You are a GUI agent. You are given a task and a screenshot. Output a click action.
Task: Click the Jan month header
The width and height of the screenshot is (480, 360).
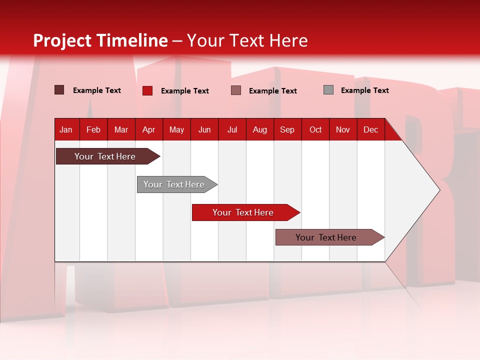66,129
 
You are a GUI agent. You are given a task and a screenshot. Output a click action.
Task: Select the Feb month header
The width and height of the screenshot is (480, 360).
93,129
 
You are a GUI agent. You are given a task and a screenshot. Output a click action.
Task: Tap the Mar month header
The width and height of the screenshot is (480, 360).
121,129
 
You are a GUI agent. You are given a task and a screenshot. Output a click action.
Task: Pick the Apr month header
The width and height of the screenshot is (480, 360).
149,129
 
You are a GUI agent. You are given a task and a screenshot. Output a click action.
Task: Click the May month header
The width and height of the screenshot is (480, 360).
176,129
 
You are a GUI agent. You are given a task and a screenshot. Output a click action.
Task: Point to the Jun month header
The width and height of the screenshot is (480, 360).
204,129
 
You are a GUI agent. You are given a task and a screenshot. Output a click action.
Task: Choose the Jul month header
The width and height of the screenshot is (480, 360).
232,129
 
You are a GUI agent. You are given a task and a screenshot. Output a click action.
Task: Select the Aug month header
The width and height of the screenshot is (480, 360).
260,129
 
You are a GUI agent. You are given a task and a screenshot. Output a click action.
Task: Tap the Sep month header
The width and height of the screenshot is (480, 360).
287,129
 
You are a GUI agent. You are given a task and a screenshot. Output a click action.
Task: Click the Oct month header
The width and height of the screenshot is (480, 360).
315,129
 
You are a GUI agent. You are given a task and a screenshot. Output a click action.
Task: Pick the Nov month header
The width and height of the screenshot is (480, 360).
343,129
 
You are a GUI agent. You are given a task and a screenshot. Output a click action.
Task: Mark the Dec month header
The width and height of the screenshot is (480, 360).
370,129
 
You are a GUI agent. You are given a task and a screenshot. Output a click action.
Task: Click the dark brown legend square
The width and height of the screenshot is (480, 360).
59,90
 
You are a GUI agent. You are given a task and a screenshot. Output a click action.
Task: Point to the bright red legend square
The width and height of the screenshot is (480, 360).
147,90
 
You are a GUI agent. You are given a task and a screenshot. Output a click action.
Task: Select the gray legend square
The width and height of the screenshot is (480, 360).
328,90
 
